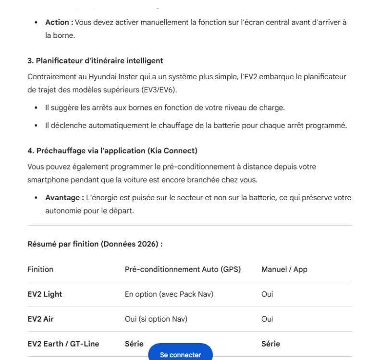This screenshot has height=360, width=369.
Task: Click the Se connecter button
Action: pos(180,354)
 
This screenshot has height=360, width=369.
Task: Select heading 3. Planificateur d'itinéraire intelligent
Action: pos(95,61)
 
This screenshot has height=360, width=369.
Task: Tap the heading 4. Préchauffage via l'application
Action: pos(112,151)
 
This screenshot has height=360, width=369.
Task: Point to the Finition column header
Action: pos(40,269)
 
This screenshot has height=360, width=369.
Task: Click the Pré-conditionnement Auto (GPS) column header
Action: pos(183,269)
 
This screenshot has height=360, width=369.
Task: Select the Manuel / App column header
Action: pos(284,269)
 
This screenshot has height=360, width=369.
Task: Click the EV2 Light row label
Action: pos(45,294)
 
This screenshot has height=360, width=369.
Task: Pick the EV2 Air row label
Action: pos(42,319)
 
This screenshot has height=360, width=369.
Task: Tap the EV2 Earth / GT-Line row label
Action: pos(63,344)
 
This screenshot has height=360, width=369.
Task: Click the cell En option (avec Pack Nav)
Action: pos(169,294)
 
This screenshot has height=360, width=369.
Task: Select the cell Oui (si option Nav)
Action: pos(156,319)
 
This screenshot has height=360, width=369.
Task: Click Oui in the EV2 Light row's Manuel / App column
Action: pos(267,294)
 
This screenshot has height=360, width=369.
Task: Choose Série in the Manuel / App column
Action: pos(271,344)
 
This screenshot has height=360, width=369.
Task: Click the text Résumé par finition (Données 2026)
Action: pos(95,244)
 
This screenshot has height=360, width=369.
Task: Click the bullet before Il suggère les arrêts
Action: pos(36,108)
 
